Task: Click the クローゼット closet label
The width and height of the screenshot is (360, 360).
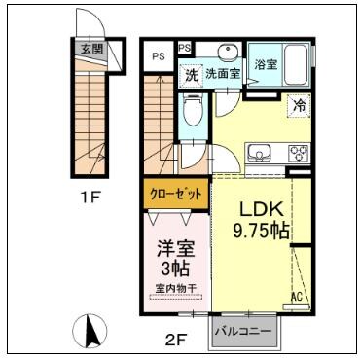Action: pos(176,193)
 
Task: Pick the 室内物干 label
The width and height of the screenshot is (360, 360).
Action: pos(176,289)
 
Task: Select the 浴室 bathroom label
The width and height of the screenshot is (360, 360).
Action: pos(268,64)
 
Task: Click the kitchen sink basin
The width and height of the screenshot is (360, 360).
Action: pos(261,153)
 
